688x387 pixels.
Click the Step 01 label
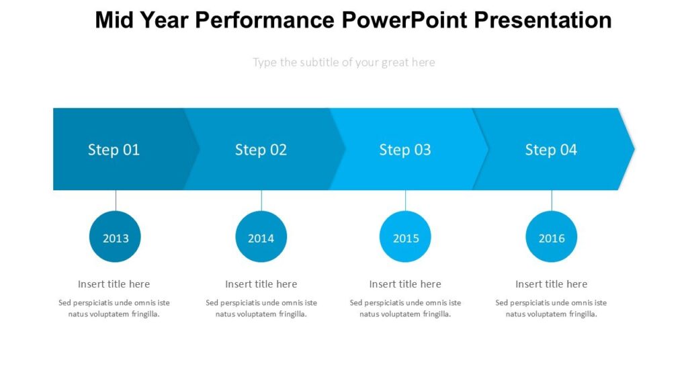(114, 150)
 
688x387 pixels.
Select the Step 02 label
(261, 150)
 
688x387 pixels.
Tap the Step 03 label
(404, 150)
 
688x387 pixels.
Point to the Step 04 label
(551, 150)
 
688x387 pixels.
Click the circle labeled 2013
(115, 237)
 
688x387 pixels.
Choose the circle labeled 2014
(261, 237)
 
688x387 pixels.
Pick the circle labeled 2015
(405, 237)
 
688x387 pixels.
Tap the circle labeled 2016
(551, 237)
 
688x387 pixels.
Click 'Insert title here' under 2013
(114, 284)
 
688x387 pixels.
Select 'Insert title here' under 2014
(261, 284)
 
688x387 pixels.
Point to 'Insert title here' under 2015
(405, 284)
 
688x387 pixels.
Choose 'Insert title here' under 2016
(551, 284)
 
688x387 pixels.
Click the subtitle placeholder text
(343, 62)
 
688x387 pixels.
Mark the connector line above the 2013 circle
(116, 200)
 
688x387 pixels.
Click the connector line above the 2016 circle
(552, 200)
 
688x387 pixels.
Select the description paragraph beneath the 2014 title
(261, 308)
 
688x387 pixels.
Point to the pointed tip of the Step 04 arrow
(632, 148)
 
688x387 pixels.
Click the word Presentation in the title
(543, 20)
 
